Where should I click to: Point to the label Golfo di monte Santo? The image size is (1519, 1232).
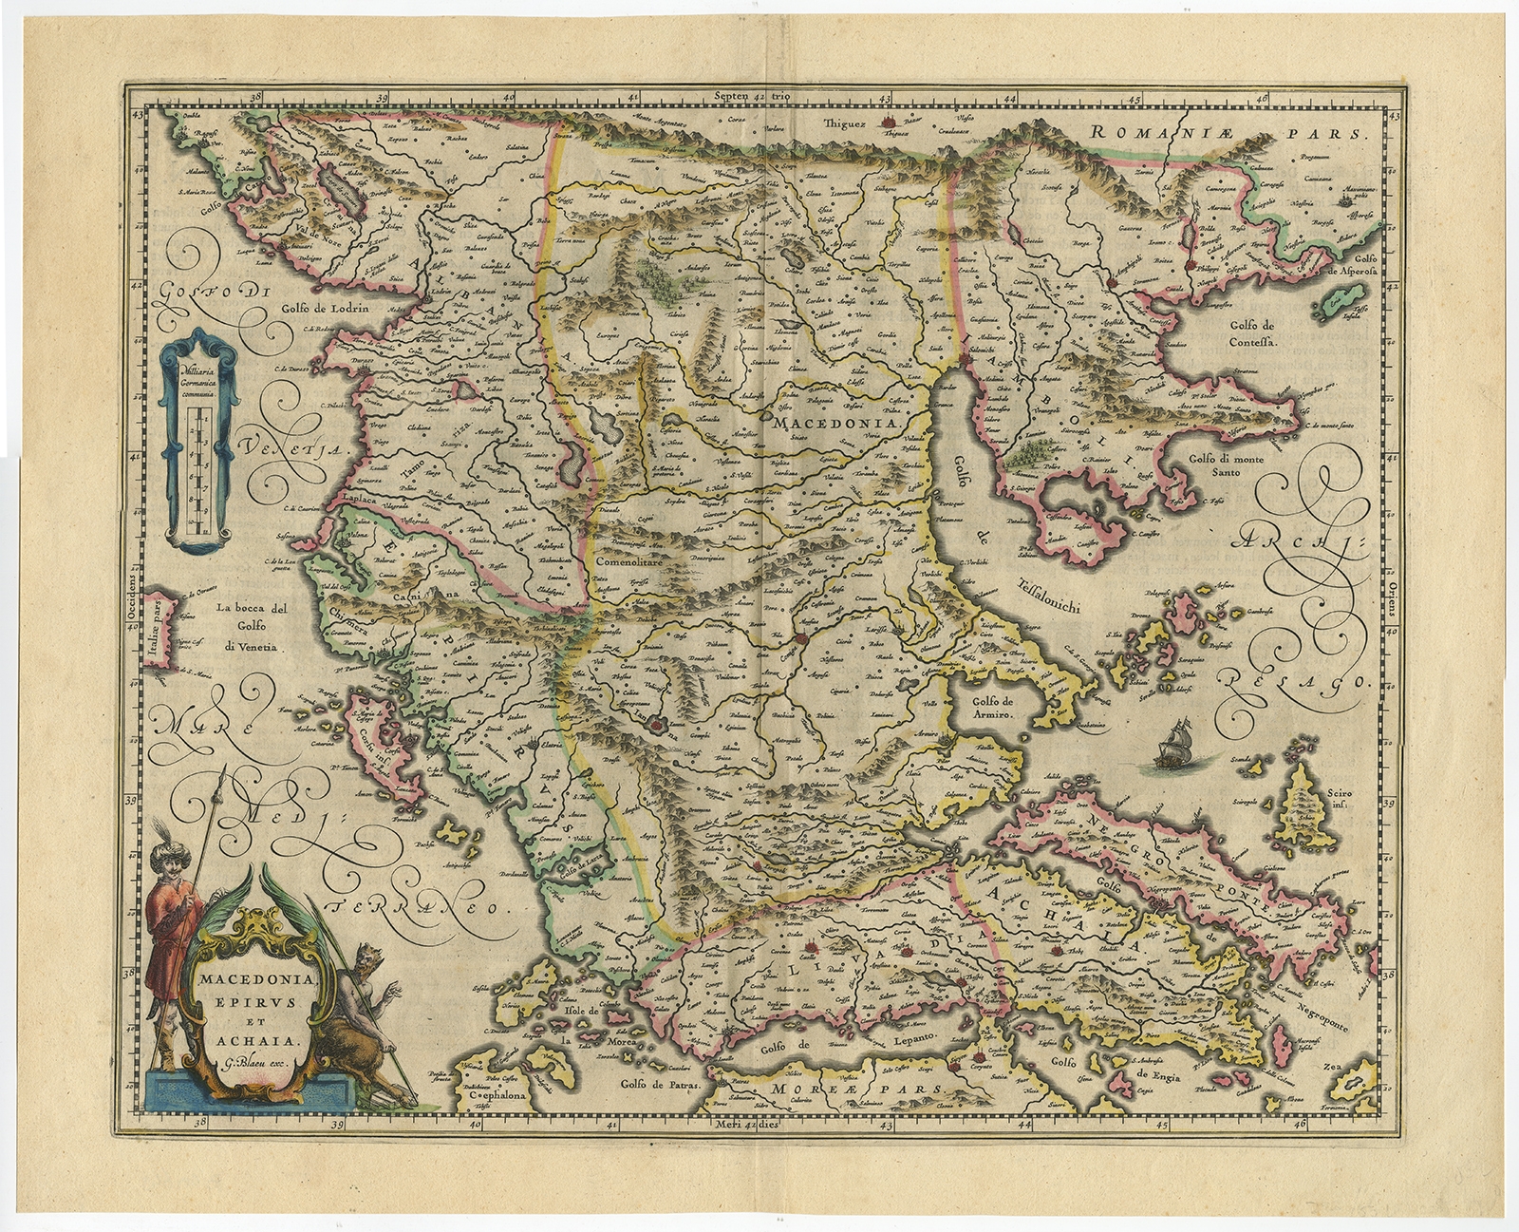1229,469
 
